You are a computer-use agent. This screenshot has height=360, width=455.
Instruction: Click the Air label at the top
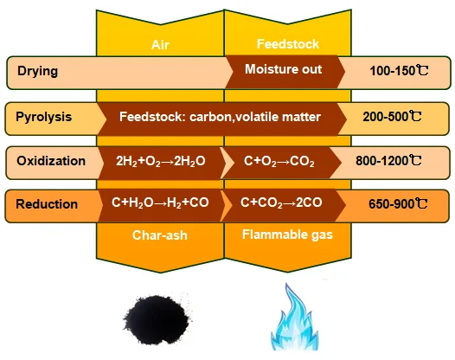pyautogui.click(x=160, y=45)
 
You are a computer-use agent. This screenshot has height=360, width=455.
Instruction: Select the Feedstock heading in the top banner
pyautogui.click(x=288, y=44)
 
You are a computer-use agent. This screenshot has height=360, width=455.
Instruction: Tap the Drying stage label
pyautogui.click(x=38, y=72)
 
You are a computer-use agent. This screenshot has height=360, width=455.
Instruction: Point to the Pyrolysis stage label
pyautogui.click(x=43, y=117)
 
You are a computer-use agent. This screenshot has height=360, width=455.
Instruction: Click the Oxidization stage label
pyautogui.click(x=51, y=161)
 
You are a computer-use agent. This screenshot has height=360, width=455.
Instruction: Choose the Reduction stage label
pyautogui.click(x=47, y=204)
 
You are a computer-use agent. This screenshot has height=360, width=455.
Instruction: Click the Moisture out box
pyautogui.click(x=283, y=69)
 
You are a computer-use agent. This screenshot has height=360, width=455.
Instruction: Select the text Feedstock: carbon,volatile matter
pyautogui.click(x=220, y=117)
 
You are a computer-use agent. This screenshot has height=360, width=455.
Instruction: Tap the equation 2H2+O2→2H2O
pyautogui.click(x=161, y=161)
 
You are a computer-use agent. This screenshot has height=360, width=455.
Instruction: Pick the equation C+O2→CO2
pyautogui.click(x=279, y=161)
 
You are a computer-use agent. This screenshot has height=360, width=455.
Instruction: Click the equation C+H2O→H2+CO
pyautogui.click(x=160, y=202)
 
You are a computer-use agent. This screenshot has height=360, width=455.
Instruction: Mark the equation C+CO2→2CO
pyautogui.click(x=281, y=202)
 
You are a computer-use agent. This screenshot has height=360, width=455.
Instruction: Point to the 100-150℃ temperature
pyautogui.click(x=399, y=71)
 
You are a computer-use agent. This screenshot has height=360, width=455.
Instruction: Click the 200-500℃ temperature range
pyautogui.click(x=392, y=117)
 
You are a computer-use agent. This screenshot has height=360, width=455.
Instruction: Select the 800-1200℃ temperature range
pyautogui.click(x=388, y=161)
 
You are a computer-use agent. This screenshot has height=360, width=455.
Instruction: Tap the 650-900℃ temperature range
pyautogui.click(x=398, y=204)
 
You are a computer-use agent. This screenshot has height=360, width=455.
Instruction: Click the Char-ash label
pyautogui.click(x=160, y=235)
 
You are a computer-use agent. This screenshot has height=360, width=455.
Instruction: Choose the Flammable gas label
pyautogui.click(x=287, y=235)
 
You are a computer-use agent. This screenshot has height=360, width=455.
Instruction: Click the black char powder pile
pyautogui.click(x=157, y=319)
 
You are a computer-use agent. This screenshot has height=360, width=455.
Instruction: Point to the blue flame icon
pyautogui.click(x=294, y=318)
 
